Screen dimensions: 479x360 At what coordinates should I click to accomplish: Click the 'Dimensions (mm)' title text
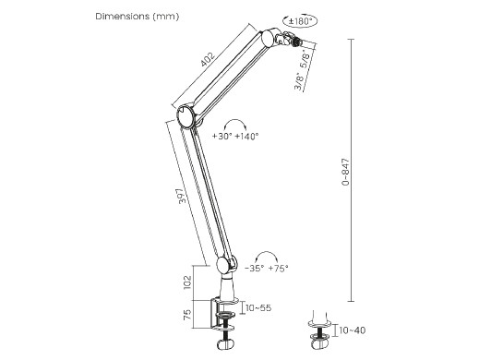coord(138,17)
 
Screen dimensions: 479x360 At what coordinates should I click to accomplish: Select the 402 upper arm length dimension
coord(207,60)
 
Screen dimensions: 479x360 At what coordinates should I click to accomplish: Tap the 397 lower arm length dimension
coord(183,196)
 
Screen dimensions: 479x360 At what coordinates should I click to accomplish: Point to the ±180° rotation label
coord(300,21)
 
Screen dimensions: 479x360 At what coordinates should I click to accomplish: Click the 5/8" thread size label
coord(306,60)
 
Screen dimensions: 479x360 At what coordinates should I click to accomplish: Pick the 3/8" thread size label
coord(299,81)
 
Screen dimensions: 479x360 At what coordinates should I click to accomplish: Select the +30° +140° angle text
coord(235,136)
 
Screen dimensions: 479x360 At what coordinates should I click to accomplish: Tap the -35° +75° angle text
coord(267,269)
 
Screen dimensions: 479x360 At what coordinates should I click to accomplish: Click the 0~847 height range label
coord(346,172)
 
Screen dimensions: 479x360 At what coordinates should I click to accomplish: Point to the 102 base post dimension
coord(187,282)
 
